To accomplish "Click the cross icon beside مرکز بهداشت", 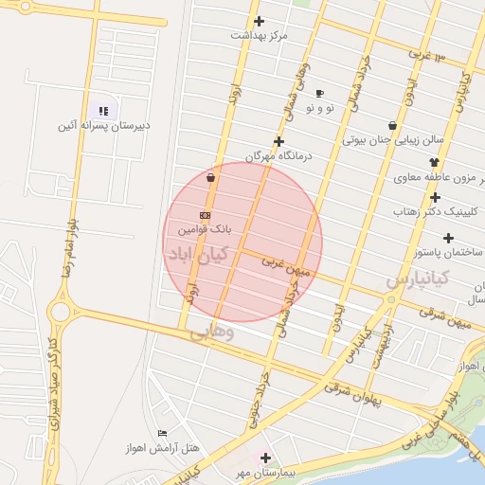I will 259,21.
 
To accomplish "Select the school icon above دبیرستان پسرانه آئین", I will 104,111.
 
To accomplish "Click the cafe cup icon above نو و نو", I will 319,94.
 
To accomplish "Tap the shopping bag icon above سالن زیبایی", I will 392,125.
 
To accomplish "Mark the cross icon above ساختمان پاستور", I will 435,198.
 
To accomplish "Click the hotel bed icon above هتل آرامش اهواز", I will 162,433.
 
